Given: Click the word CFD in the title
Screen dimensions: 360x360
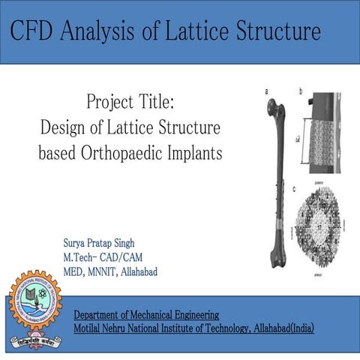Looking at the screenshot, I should point(35,32).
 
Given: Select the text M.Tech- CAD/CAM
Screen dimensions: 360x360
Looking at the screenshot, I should point(103,257).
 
